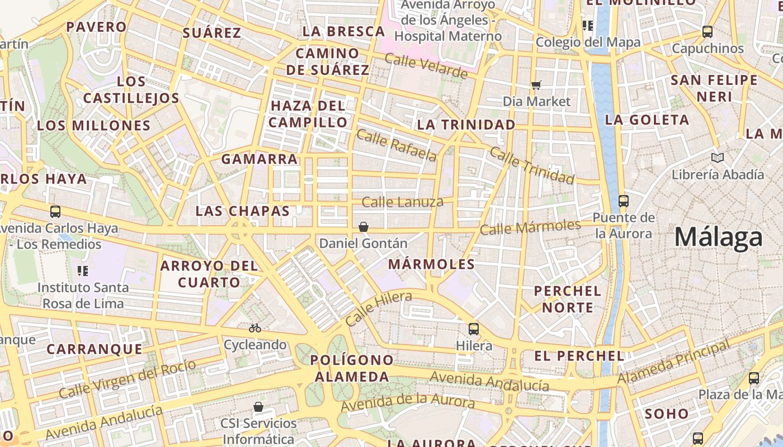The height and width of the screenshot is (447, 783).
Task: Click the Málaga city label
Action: (x=718, y=237)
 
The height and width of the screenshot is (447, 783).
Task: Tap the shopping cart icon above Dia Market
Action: (x=536, y=85)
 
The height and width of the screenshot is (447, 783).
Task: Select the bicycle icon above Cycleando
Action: (x=255, y=328)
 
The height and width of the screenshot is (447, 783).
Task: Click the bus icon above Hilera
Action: (x=474, y=329)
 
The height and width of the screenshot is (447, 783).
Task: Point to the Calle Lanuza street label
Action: (x=402, y=202)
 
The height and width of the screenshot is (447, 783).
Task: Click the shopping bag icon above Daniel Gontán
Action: (x=364, y=226)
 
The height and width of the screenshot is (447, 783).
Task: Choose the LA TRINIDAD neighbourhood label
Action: (x=466, y=125)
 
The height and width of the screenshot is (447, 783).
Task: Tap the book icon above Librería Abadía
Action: (x=717, y=158)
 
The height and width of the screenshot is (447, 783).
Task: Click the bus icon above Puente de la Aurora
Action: (x=624, y=201)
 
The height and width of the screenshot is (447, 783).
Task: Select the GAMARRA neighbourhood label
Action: (x=260, y=159)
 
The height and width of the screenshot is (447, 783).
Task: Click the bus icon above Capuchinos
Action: (x=707, y=32)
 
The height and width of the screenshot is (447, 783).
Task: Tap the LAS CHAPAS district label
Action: (x=242, y=211)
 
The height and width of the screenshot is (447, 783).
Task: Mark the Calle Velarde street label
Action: (x=426, y=66)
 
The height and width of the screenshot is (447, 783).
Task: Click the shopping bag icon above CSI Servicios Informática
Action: (x=258, y=406)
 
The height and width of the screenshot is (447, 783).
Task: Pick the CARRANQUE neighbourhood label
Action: (x=95, y=350)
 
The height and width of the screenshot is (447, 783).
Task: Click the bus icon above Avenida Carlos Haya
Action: (x=55, y=212)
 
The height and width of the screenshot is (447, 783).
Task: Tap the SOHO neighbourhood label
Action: (x=667, y=414)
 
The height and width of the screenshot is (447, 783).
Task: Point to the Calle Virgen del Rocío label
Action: (x=128, y=378)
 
